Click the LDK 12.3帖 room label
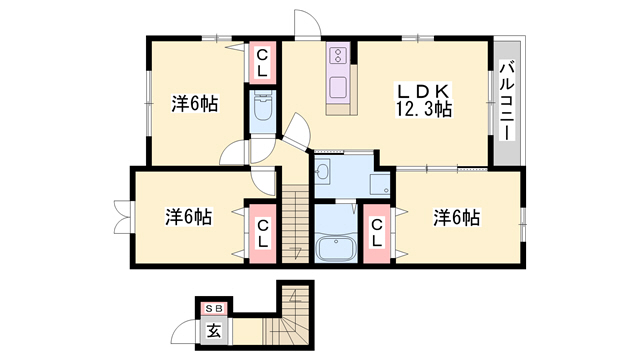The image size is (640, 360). click(x=424, y=100)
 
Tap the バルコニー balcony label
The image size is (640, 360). click(x=507, y=100)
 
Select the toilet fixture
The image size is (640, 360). click(x=262, y=105)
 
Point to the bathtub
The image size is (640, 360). click(x=336, y=248)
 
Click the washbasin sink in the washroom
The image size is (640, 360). click(x=323, y=171)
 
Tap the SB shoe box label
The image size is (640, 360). click(x=214, y=309)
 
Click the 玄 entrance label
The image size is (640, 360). click(x=214, y=331)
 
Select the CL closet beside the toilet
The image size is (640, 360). click(x=262, y=63)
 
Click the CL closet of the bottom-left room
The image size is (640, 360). click(x=263, y=233)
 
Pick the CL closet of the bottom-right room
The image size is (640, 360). click(x=376, y=233)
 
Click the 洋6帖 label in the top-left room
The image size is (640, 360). click(x=195, y=104)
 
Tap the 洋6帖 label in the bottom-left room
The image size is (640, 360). click(x=189, y=217)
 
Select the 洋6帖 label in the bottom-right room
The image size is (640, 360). click(x=457, y=217)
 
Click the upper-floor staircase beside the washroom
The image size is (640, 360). click(x=296, y=224)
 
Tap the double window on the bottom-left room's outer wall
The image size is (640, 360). click(x=123, y=217)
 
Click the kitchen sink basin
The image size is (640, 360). click(x=339, y=87)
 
